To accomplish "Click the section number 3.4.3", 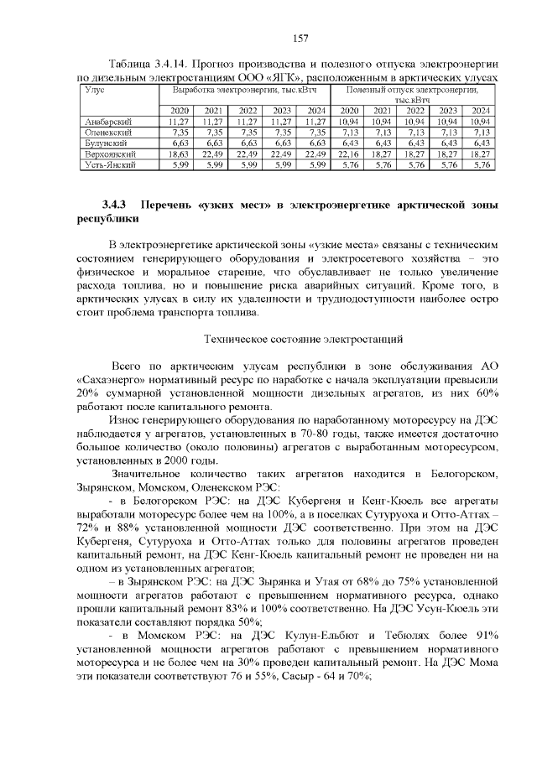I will (113, 205).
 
